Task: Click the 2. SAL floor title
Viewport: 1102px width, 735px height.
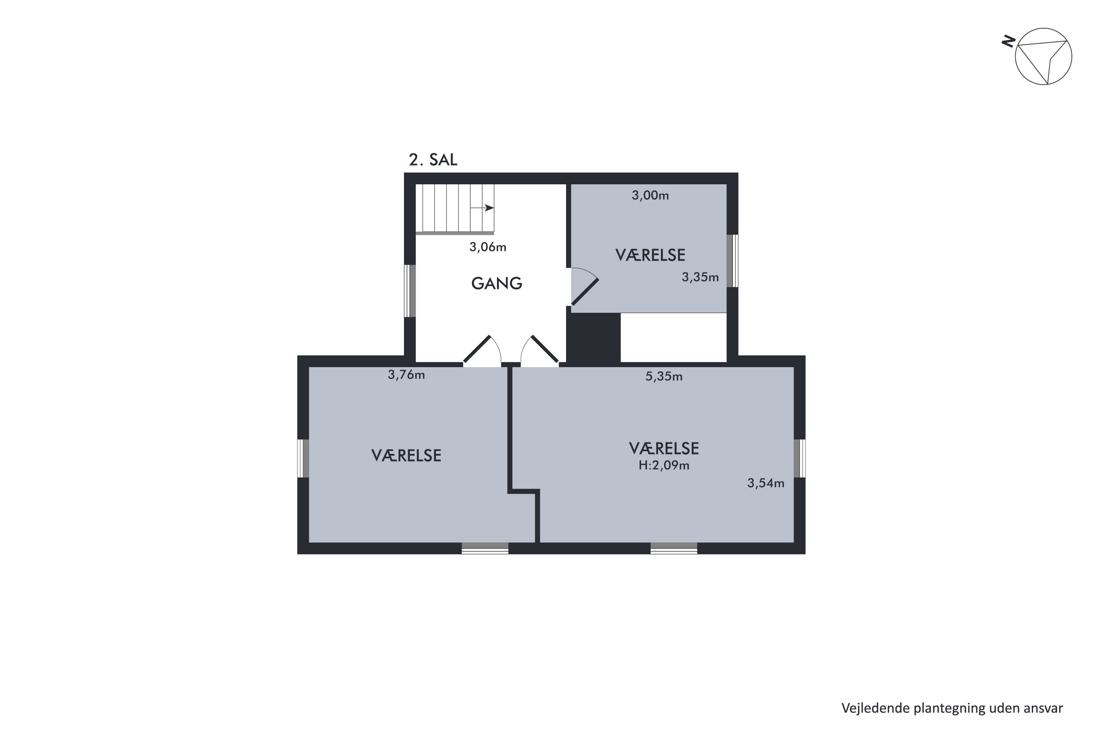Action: (433, 160)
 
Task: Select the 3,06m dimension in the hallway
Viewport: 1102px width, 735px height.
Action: (488, 247)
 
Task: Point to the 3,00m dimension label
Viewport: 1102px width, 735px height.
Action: (650, 196)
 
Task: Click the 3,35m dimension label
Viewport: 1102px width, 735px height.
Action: (700, 277)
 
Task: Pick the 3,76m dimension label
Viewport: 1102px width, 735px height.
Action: (406, 375)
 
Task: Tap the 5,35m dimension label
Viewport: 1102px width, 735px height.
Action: (664, 376)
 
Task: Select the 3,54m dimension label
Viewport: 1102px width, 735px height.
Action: (766, 483)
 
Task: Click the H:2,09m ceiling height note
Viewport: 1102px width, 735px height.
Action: (664, 466)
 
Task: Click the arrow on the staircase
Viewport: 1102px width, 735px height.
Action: (482, 208)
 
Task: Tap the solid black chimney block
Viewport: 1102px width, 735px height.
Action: (594, 337)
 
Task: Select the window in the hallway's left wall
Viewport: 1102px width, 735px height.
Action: (410, 291)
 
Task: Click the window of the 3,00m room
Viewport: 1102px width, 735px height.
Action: (732, 261)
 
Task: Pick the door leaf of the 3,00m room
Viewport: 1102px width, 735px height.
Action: (585, 291)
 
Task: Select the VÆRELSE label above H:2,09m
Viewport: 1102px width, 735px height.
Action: (664, 449)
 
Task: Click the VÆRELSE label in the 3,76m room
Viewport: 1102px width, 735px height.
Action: (406, 456)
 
